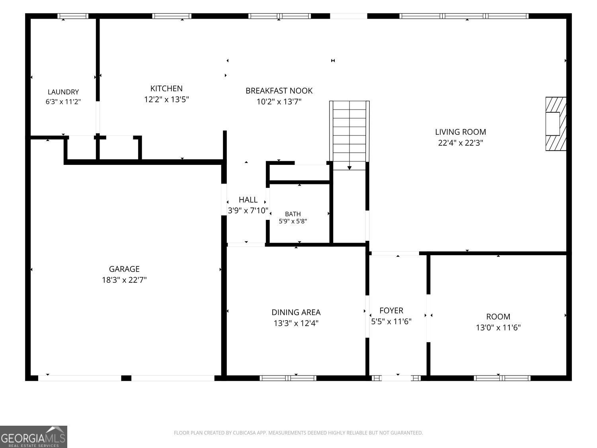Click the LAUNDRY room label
tap(63, 92)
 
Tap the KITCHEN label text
tap(166, 88)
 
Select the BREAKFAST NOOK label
tap(279, 90)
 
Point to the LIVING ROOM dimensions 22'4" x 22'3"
tap(460, 143)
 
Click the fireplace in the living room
tap(556, 124)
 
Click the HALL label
tap(248, 200)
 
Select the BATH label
tap(293, 214)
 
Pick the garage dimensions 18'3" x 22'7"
tap(124, 280)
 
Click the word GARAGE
tap(124, 269)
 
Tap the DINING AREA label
tap(296, 312)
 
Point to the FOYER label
tap(391, 310)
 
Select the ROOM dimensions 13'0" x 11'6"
tap(498, 327)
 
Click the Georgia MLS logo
tap(33, 437)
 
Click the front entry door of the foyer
tap(396, 378)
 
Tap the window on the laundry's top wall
tap(73, 16)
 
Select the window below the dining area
tap(288, 378)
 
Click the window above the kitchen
tap(172, 16)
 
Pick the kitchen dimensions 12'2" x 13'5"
tap(166, 100)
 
